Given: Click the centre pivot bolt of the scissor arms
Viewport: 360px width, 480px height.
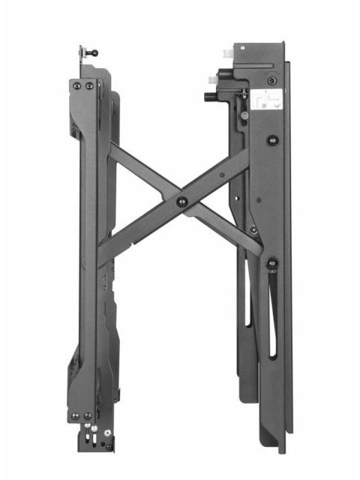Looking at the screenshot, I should click(x=181, y=201).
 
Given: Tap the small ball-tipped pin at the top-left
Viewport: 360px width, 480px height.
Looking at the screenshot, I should click(x=94, y=52).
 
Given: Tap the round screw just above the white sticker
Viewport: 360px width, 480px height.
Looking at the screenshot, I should click(x=271, y=81).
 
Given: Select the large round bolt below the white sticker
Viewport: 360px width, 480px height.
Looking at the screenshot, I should click(x=273, y=139).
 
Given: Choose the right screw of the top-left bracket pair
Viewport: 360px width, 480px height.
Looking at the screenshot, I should click(x=89, y=86).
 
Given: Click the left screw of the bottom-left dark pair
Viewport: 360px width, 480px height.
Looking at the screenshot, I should click(x=75, y=415).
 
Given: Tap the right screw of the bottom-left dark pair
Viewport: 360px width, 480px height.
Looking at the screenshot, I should click(x=87, y=415).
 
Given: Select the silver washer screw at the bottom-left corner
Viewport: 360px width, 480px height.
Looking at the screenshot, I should click(x=109, y=433).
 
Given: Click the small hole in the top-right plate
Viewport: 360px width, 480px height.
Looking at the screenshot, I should click(x=244, y=48).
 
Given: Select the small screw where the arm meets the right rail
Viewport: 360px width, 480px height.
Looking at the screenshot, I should click(x=253, y=229).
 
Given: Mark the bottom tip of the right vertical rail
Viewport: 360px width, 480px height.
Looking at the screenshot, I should click(x=282, y=450).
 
